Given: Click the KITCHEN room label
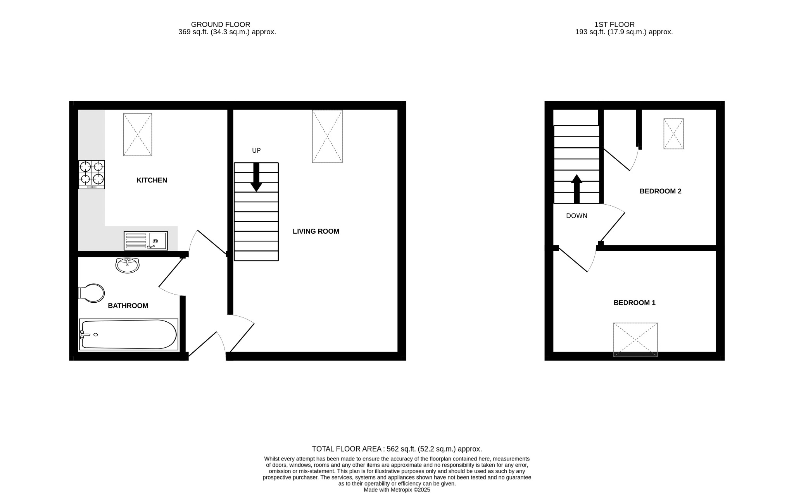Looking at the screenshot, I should tap(152, 180).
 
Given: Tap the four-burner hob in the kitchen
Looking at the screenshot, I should tap(91, 174).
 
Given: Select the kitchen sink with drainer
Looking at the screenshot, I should tap(146, 241).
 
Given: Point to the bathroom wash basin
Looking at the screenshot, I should tap(127, 265).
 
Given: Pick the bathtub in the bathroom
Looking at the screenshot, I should tap(128, 334).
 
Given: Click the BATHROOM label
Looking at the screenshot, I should tap(128, 306).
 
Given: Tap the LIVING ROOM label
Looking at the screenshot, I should tap(316, 231).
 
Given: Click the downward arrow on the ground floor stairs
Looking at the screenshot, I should tap(256, 178).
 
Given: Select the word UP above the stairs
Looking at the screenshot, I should tap(256, 150).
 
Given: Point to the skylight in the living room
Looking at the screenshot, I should tap(327, 136).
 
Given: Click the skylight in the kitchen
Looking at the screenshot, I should tap(138, 134).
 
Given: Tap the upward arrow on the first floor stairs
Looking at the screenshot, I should tap(577, 189).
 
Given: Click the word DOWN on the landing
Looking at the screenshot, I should tap(577, 216).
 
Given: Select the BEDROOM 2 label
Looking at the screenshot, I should tap(660, 191).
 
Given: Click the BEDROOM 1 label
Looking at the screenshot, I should tap(634, 303).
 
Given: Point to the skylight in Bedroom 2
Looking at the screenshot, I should tap(673, 134).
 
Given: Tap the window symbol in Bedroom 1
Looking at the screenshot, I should tap(635, 340).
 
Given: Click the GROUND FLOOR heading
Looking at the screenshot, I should tap(221, 24).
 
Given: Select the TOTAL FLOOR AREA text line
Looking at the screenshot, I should tap(397, 449).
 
